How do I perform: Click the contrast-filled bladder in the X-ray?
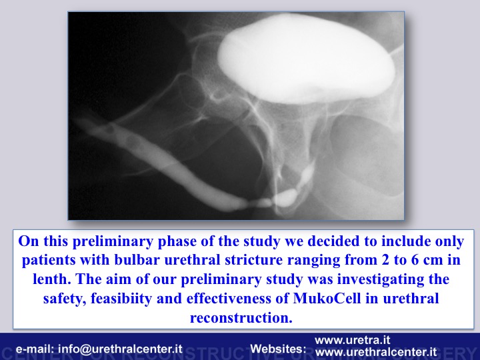pos(306,58)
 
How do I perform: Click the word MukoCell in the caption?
pos(327,298)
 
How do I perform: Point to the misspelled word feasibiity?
pos(121,299)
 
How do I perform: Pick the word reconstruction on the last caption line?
pos(241,317)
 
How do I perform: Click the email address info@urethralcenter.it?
pos(120,349)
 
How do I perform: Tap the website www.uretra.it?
pos(353,340)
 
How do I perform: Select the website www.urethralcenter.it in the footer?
pos(376,352)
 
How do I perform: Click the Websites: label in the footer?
pos(278,349)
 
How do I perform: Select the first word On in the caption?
pos(29,241)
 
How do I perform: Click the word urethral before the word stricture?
pos(192,260)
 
